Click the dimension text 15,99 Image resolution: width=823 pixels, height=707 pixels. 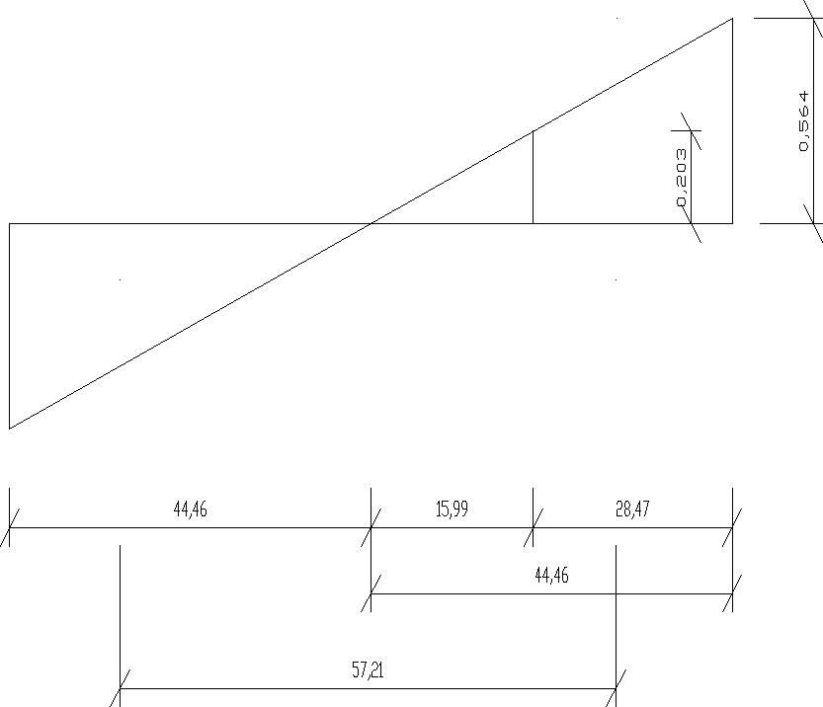452,509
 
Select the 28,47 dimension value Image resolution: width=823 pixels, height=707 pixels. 632,509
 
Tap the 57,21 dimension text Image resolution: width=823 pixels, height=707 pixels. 368,669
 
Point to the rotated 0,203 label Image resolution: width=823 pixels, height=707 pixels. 681,178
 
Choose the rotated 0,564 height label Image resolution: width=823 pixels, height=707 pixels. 803,121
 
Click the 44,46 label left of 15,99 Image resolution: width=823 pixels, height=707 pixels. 190,509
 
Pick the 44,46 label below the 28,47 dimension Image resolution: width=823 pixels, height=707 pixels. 551,576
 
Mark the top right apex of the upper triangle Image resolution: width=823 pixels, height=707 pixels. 732,19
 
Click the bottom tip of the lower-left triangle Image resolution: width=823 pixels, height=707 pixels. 10,429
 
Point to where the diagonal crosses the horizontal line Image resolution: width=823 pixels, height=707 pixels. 371,223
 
